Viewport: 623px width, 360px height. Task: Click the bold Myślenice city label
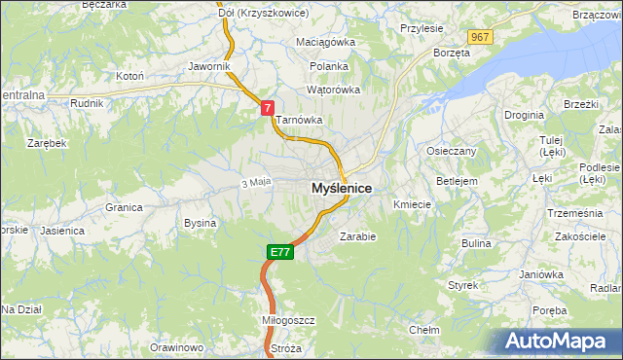point(341,188)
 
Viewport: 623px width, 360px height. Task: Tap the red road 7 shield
point(267,108)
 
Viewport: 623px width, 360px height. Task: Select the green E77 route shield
point(279,252)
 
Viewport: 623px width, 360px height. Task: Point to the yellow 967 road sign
point(479,36)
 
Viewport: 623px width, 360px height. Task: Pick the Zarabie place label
point(357,235)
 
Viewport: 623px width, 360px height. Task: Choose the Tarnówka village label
point(298,121)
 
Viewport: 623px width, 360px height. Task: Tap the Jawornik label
point(209,66)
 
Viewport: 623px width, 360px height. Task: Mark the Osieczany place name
point(452,152)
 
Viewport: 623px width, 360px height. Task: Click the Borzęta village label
point(452,53)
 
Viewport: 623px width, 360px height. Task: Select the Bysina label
point(200,223)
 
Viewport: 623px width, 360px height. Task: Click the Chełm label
point(425,330)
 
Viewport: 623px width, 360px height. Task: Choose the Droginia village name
point(524,115)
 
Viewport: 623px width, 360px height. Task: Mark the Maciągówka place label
point(326,43)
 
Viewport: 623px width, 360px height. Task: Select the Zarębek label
point(47,143)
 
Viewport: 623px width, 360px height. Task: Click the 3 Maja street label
point(254,182)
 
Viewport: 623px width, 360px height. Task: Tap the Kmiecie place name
point(412,204)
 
